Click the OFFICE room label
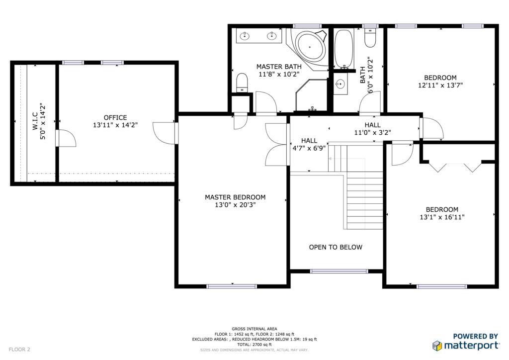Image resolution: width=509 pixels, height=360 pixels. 115,117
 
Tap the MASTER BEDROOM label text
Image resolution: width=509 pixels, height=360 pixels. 235,197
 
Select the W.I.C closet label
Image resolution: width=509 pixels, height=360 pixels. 35,121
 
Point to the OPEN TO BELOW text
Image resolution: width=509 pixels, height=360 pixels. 336,247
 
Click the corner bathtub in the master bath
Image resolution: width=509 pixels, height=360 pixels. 311,47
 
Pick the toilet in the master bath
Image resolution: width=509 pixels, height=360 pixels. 242,83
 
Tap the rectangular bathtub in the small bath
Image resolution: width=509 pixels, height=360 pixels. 344,48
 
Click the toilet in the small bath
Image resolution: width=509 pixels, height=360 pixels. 370,38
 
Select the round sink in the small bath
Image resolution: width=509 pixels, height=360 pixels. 340,85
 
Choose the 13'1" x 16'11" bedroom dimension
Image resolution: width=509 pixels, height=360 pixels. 442,217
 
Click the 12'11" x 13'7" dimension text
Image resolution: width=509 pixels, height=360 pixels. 440,86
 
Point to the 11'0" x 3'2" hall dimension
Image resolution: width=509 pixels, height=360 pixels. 372,132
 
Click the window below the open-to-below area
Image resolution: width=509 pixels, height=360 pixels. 339,271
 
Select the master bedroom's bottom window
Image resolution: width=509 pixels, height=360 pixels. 232,286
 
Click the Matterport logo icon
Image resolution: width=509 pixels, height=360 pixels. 437,346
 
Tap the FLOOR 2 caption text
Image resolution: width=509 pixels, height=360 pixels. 19,349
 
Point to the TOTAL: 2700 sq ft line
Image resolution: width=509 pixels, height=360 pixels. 254,345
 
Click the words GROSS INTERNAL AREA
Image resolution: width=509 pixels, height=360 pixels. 254,329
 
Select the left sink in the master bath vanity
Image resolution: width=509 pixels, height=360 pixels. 244,36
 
